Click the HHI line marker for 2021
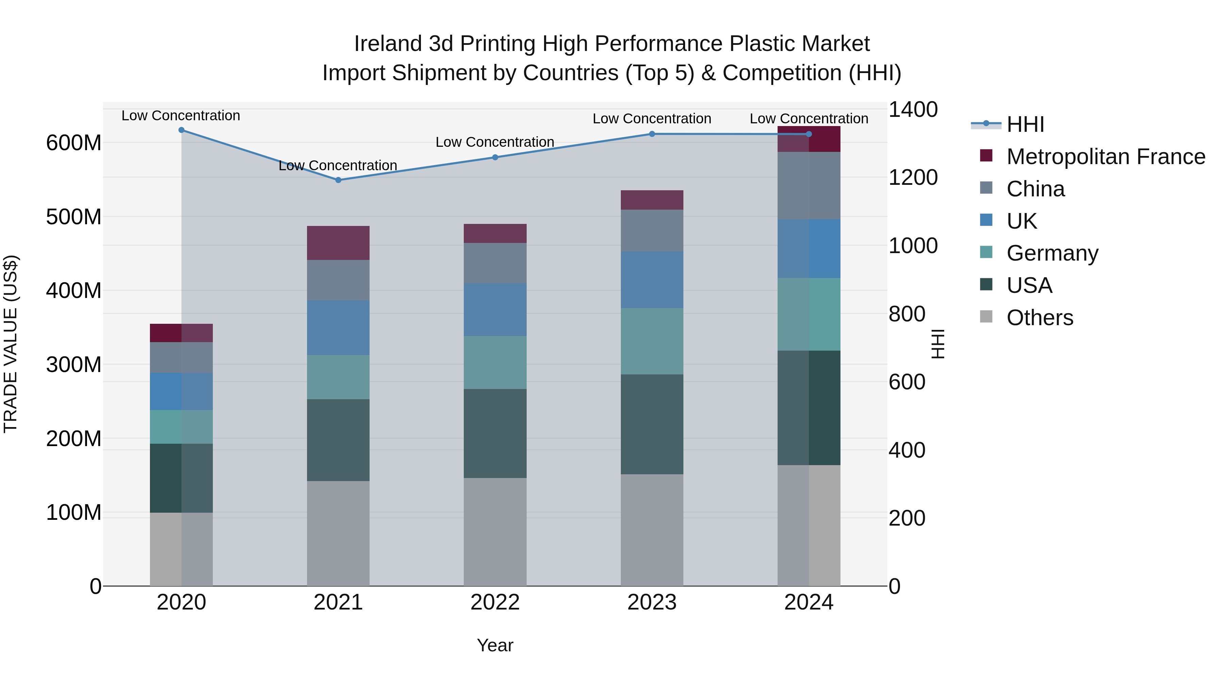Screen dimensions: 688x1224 pos(338,180)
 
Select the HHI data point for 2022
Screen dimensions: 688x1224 pos(495,157)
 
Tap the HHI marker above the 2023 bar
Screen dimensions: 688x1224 pos(652,134)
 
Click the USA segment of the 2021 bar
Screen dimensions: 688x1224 pos(338,440)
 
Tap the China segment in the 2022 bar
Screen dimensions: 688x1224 pos(495,263)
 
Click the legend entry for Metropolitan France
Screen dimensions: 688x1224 pos(1105,157)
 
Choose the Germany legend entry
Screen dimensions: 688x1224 pos(1052,253)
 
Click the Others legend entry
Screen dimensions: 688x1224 pos(1040,318)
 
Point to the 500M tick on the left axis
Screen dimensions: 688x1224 pos(74,217)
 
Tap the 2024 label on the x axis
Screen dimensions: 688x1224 pos(809,602)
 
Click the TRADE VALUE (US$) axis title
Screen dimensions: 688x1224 pos(11,344)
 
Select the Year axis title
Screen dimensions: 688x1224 pos(495,645)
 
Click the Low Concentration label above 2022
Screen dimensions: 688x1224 pos(495,142)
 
